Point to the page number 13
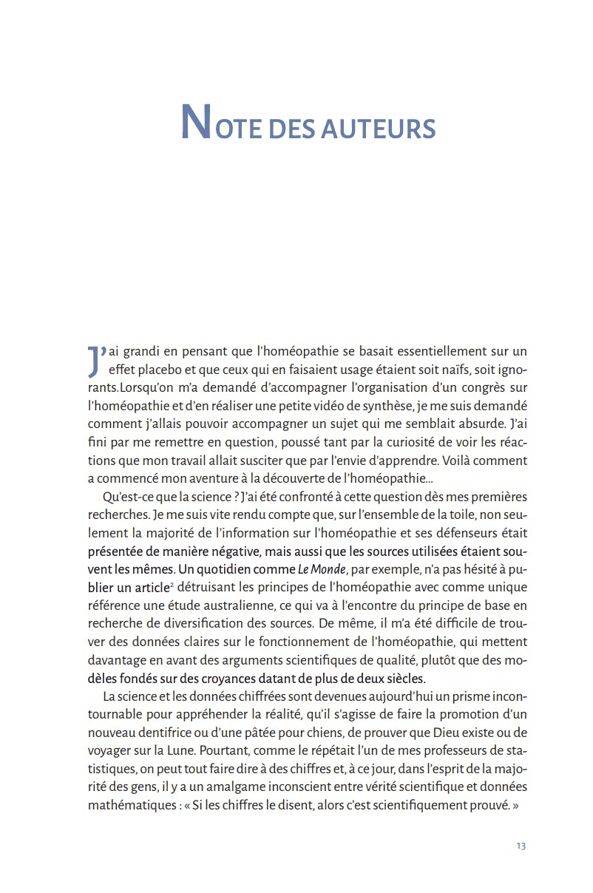tap(521, 846)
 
